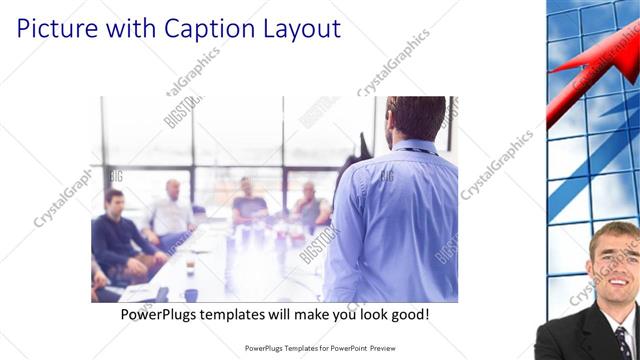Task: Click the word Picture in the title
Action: coord(55,28)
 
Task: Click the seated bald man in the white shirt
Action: coord(173,210)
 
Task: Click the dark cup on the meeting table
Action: coord(190,294)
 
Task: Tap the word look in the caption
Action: coord(366,314)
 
